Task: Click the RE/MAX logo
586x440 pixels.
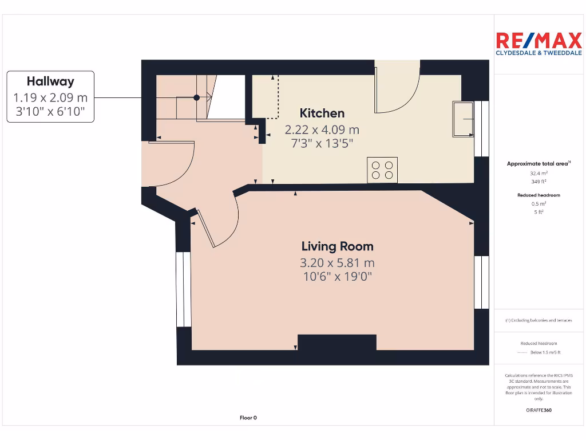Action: tap(538, 44)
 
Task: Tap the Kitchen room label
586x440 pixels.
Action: tap(322, 113)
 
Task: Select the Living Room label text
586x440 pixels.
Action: tap(337, 246)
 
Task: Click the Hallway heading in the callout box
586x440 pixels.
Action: tap(50, 81)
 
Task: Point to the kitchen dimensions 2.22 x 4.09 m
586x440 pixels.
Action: tap(322, 129)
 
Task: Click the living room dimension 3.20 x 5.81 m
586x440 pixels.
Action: tap(337, 263)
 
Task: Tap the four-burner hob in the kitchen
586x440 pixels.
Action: tap(382, 170)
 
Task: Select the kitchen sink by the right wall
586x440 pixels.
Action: tap(463, 119)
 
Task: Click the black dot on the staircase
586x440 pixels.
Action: tap(196, 98)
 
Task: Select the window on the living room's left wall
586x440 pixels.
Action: tap(184, 289)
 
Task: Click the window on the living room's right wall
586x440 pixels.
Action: tap(481, 282)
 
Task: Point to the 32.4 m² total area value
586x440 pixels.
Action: tap(539, 172)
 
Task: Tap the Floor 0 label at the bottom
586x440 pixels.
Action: tap(248, 418)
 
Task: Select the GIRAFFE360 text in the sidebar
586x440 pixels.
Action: tap(539, 410)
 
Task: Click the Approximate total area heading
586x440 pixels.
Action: tap(538, 164)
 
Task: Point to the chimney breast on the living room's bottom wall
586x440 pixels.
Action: tap(337, 343)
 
